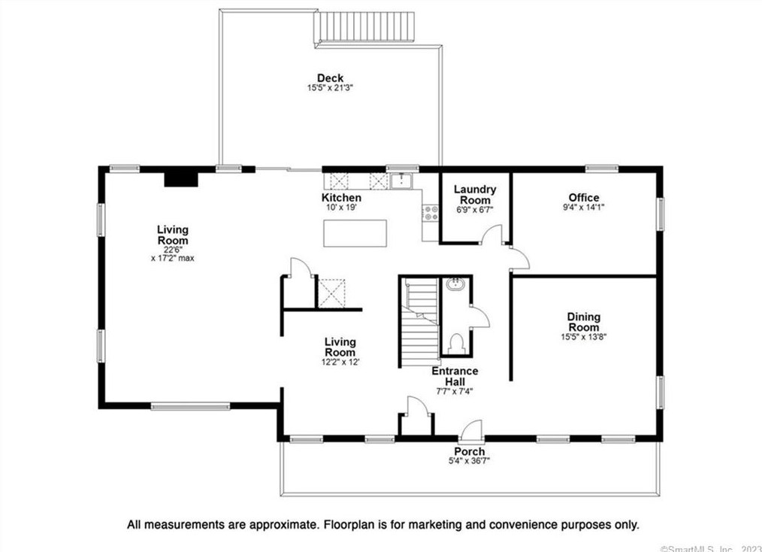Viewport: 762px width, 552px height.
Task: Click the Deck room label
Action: pos(330,77)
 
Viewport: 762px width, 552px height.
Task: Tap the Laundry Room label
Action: pos(475,195)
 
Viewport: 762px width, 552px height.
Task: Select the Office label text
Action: pos(584,198)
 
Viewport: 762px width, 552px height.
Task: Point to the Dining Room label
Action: pos(584,322)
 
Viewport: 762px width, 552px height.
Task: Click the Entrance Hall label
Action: pos(455,376)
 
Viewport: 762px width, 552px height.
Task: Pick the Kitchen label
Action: pos(341,198)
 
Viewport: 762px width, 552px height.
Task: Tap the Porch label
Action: pos(470,451)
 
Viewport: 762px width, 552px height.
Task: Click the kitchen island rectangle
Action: pos(355,233)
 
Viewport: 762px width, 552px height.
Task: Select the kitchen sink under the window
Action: pos(401,181)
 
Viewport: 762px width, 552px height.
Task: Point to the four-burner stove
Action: pos(431,213)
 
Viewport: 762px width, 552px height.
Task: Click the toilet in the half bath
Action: pos(456,343)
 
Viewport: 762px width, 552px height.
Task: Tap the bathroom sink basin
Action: pos(456,284)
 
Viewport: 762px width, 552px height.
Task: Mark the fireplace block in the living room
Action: pos(181,179)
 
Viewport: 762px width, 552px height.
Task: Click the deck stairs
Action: pos(365,28)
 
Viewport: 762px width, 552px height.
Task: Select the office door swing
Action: pos(519,258)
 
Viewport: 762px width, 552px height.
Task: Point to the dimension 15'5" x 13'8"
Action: pos(584,336)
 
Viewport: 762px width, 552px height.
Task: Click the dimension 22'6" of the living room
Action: pos(173,250)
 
